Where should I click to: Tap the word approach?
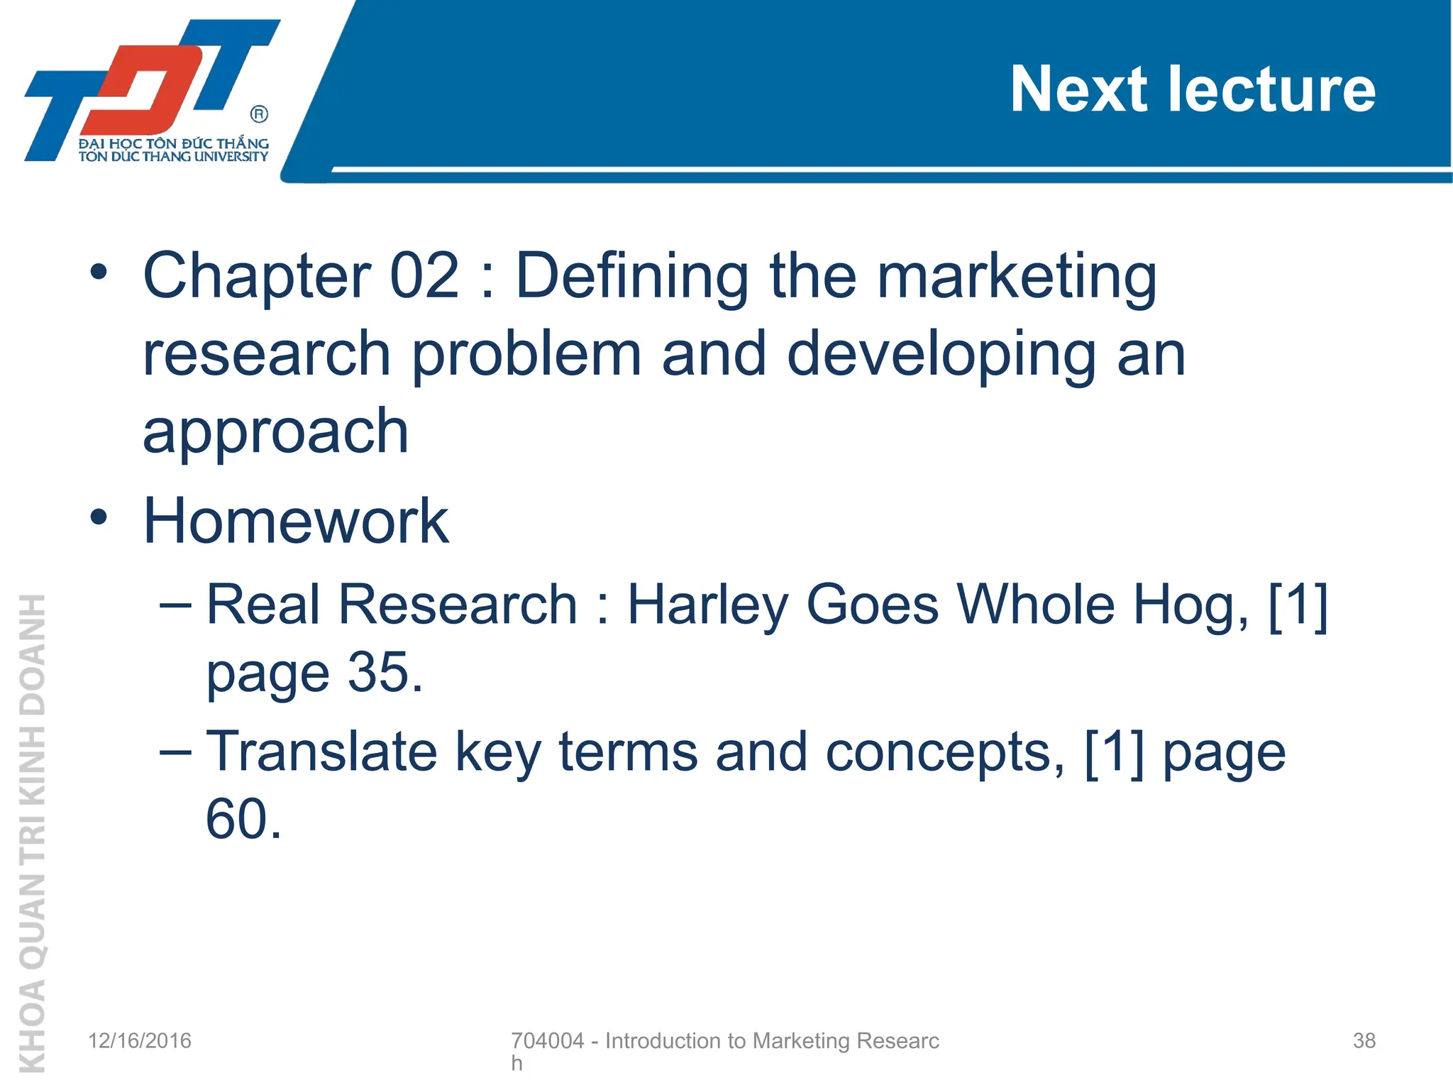[275, 433]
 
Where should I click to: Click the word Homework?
[296, 521]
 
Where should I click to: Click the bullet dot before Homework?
[99, 517]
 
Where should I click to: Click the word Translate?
[321, 752]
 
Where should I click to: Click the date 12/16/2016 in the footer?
[140, 1041]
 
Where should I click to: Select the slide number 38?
[1364, 1041]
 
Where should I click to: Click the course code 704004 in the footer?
[547, 1041]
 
